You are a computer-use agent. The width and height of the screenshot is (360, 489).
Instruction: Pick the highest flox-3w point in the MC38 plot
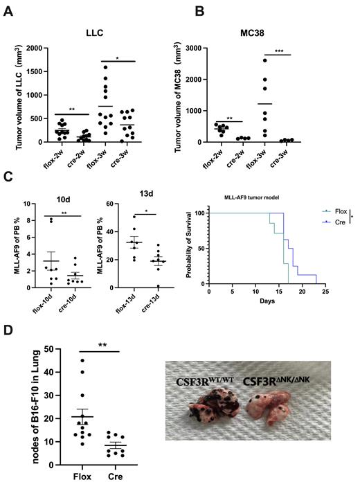pos(264,60)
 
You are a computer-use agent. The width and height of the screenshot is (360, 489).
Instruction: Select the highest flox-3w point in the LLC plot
pos(105,67)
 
